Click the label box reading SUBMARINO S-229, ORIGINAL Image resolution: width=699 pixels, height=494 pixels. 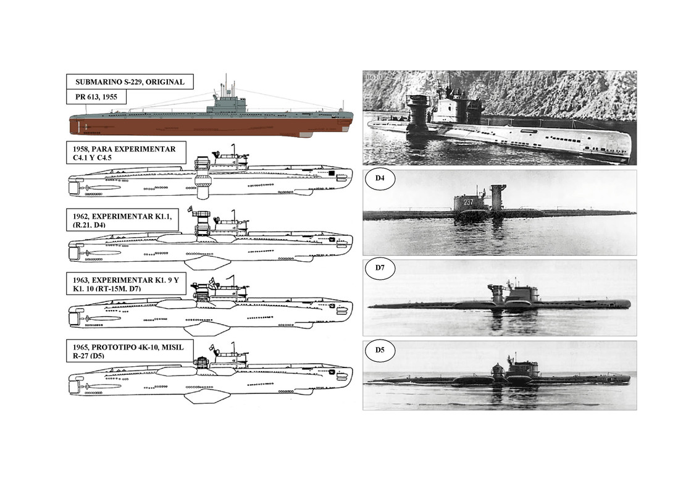coord(130,82)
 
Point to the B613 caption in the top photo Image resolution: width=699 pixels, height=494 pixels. coord(374,77)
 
